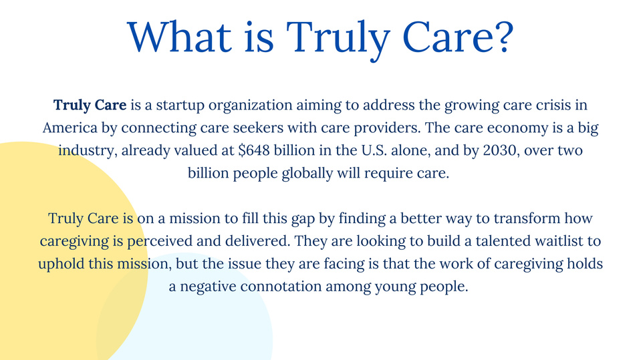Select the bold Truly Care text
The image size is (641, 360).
(x=90, y=105)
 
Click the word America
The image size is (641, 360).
(x=70, y=128)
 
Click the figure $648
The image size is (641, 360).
(x=254, y=150)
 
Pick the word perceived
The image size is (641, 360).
(x=160, y=241)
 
